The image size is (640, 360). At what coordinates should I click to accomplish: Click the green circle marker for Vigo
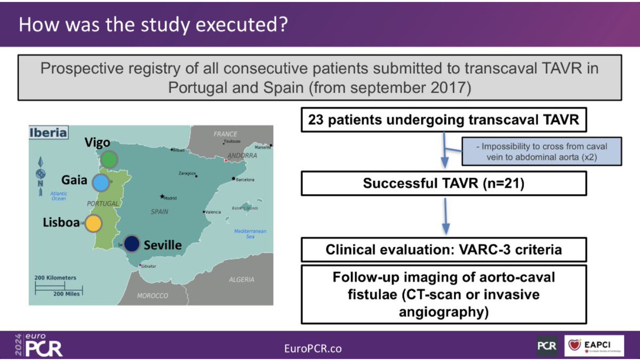(x=109, y=159)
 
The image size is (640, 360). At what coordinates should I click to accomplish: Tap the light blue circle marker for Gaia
(x=100, y=182)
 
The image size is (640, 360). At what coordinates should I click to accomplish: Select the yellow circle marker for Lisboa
(x=94, y=223)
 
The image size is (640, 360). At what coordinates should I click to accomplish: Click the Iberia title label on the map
(x=49, y=132)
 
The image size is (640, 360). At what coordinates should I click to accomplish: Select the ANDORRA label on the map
(x=242, y=156)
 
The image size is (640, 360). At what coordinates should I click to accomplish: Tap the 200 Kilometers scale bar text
(x=56, y=278)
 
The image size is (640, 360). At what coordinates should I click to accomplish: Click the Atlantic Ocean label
(x=59, y=196)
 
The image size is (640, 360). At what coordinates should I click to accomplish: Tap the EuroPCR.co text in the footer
(x=313, y=348)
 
